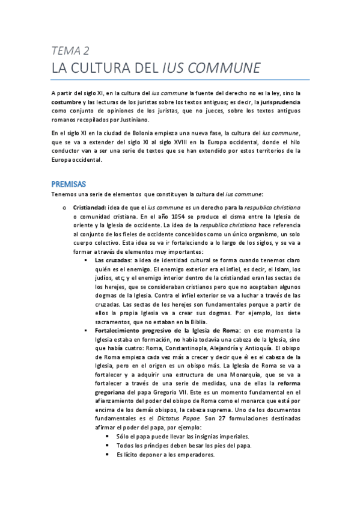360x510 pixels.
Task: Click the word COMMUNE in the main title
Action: tap(224, 67)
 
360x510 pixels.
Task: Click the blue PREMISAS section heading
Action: tap(69, 183)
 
